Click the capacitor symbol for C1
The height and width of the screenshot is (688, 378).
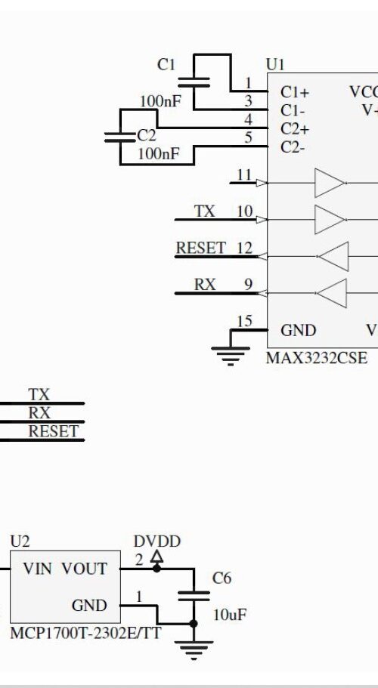(194, 82)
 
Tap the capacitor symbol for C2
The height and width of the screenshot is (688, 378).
(120, 137)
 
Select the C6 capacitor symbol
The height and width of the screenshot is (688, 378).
(194, 596)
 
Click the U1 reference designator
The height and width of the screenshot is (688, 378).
(275, 65)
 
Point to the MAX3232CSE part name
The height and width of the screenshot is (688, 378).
(317, 358)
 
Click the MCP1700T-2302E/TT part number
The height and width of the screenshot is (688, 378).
(85, 633)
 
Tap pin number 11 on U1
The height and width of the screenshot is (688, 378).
(244, 174)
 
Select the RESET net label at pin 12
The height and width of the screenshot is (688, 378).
(201, 248)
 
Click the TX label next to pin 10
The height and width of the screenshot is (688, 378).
(205, 211)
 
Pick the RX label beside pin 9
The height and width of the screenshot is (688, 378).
(205, 285)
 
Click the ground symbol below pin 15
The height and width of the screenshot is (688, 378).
(231, 356)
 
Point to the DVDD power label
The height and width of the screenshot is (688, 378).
(156, 542)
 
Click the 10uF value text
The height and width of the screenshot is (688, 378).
(230, 615)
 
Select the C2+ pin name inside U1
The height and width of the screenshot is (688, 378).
(295, 129)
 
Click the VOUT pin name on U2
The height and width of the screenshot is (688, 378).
(84, 569)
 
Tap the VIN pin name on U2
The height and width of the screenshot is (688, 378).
(37, 569)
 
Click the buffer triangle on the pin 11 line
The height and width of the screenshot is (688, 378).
(330, 183)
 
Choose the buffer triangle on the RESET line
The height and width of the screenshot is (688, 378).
(333, 256)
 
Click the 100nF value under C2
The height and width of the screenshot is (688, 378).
(159, 154)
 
